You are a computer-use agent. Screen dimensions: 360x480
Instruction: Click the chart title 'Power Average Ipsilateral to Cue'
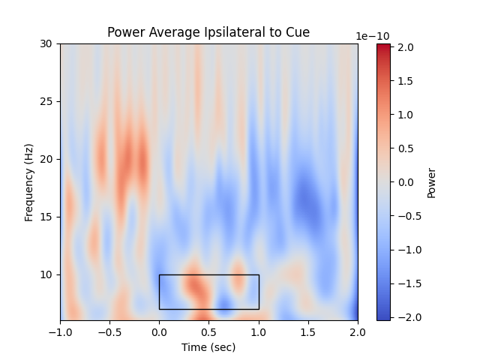pyautogui.click(x=208, y=32)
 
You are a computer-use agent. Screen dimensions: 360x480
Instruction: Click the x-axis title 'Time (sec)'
pyautogui.click(x=208, y=347)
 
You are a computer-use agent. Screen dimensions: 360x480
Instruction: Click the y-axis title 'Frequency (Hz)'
pyautogui.click(x=29, y=182)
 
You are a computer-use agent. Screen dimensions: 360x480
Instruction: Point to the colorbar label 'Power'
pyautogui.click(x=431, y=182)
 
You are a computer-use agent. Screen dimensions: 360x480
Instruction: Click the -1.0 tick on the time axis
pyautogui.click(x=60, y=331)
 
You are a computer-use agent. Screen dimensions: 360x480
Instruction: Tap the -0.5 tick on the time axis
pyautogui.click(x=109, y=331)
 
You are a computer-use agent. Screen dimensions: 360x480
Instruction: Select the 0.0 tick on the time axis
pyautogui.click(x=159, y=331)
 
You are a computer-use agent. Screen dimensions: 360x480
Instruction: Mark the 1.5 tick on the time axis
pyautogui.click(x=308, y=331)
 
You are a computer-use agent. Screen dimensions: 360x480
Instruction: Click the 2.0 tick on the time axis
pyautogui.click(x=358, y=331)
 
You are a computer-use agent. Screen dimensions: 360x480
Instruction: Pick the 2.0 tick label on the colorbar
pyautogui.click(x=406, y=47)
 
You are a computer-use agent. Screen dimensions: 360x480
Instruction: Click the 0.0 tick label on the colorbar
pyautogui.click(x=406, y=182)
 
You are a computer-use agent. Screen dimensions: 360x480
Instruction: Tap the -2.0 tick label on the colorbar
pyautogui.click(x=405, y=317)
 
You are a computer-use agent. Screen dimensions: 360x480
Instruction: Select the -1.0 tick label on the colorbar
pyautogui.click(x=405, y=250)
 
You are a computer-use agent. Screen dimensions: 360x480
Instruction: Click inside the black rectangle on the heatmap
pyautogui.click(x=208, y=292)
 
